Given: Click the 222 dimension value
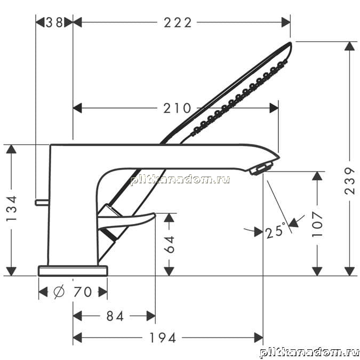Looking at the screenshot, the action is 178,23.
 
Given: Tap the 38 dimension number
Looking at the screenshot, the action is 54,22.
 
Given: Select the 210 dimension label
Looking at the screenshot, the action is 177,108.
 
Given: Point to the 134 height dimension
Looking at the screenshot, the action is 12,208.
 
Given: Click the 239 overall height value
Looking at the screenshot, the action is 350,181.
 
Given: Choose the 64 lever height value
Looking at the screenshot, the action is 170,244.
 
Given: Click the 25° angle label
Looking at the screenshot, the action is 276,230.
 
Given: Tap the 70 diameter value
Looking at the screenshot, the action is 83,292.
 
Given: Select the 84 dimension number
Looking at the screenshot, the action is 115,316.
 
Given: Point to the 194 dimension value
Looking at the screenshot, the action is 163,338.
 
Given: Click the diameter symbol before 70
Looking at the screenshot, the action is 59,292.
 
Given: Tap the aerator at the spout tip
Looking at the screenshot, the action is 261,169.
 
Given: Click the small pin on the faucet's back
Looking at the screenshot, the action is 42,202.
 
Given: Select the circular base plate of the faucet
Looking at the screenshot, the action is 73,271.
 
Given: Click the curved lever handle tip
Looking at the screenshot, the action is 154,215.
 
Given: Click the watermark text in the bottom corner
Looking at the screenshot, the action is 309,353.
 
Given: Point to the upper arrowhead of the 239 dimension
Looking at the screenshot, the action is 350,46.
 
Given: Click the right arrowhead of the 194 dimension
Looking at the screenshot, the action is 259,338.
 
